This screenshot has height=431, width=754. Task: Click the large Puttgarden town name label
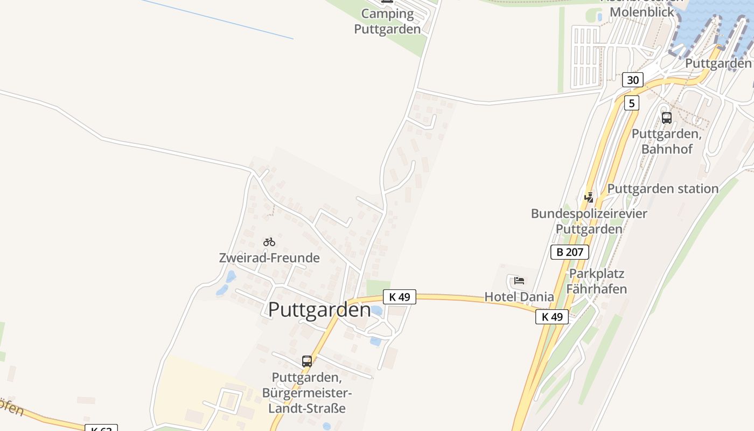click(319, 310)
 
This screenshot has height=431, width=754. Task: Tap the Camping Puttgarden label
click(387, 22)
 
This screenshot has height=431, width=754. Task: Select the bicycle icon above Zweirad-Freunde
click(269, 242)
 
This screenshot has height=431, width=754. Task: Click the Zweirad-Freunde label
click(269, 258)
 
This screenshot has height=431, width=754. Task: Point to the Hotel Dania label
click(519, 297)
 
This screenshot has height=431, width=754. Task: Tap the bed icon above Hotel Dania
click(519, 280)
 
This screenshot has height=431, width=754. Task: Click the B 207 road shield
click(570, 252)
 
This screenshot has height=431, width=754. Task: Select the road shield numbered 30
click(632, 80)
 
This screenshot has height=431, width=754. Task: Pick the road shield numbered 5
click(632, 103)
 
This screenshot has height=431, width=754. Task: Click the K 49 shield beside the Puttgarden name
click(400, 297)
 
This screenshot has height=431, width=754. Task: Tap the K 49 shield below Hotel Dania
click(552, 317)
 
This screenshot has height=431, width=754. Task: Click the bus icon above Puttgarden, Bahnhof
click(667, 117)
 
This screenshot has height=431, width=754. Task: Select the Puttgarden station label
click(663, 189)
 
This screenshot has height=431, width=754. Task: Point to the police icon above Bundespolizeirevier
click(589, 197)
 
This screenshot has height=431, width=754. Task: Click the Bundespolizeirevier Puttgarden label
click(589, 221)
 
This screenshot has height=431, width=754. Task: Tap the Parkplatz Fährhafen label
click(597, 281)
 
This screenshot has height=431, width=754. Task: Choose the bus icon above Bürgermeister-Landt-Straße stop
click(307, 361)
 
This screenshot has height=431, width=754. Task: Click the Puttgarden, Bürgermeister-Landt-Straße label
click(307, 392)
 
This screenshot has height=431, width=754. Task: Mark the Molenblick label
click(641, 12)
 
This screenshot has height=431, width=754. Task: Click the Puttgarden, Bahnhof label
click(667, 141)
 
